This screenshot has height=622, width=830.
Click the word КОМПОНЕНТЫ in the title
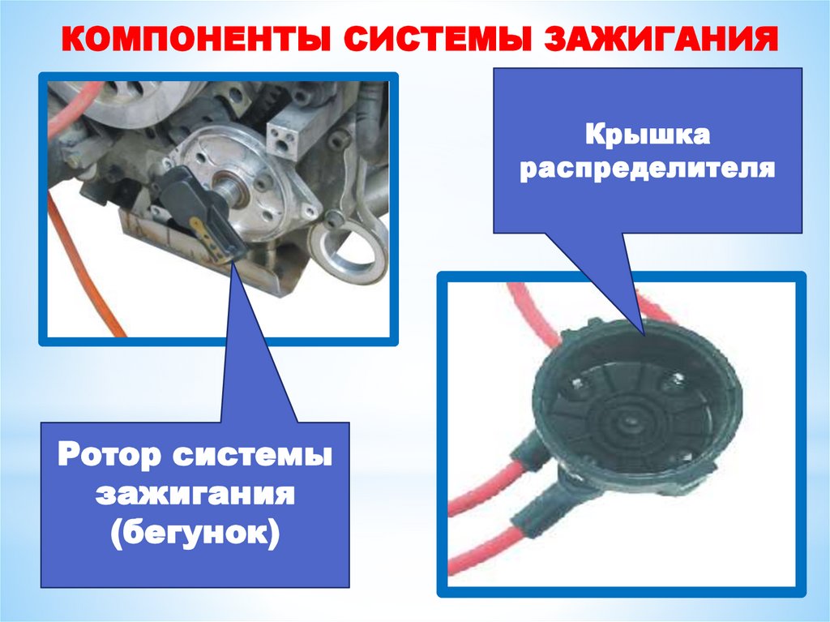(x=192, y=39)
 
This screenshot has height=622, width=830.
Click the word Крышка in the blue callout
(x=648, y=136)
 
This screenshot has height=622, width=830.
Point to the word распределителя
(x=648, y=169)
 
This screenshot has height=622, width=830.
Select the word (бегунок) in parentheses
(x=195, y=534)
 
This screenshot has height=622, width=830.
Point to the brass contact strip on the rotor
(x=210, y=238)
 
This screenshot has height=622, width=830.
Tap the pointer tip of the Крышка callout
(x=644, y=336)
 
